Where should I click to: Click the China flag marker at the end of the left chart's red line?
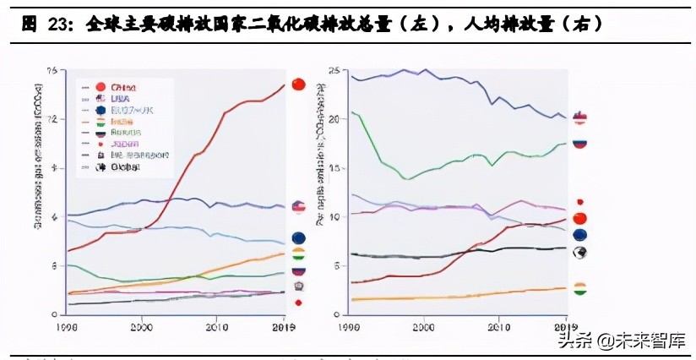(297, 84)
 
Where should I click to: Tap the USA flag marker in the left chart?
(298, 207)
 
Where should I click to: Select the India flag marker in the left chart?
(298, 254)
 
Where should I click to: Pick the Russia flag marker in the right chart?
(579, 142)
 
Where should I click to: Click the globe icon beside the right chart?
(579, 253)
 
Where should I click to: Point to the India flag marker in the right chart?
(579, 289)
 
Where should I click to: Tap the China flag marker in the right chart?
(579, 220)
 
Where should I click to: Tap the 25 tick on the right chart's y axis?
(333, 70)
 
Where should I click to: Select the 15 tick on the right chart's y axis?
(333, 168)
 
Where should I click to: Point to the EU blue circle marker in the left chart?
(298, 238)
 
